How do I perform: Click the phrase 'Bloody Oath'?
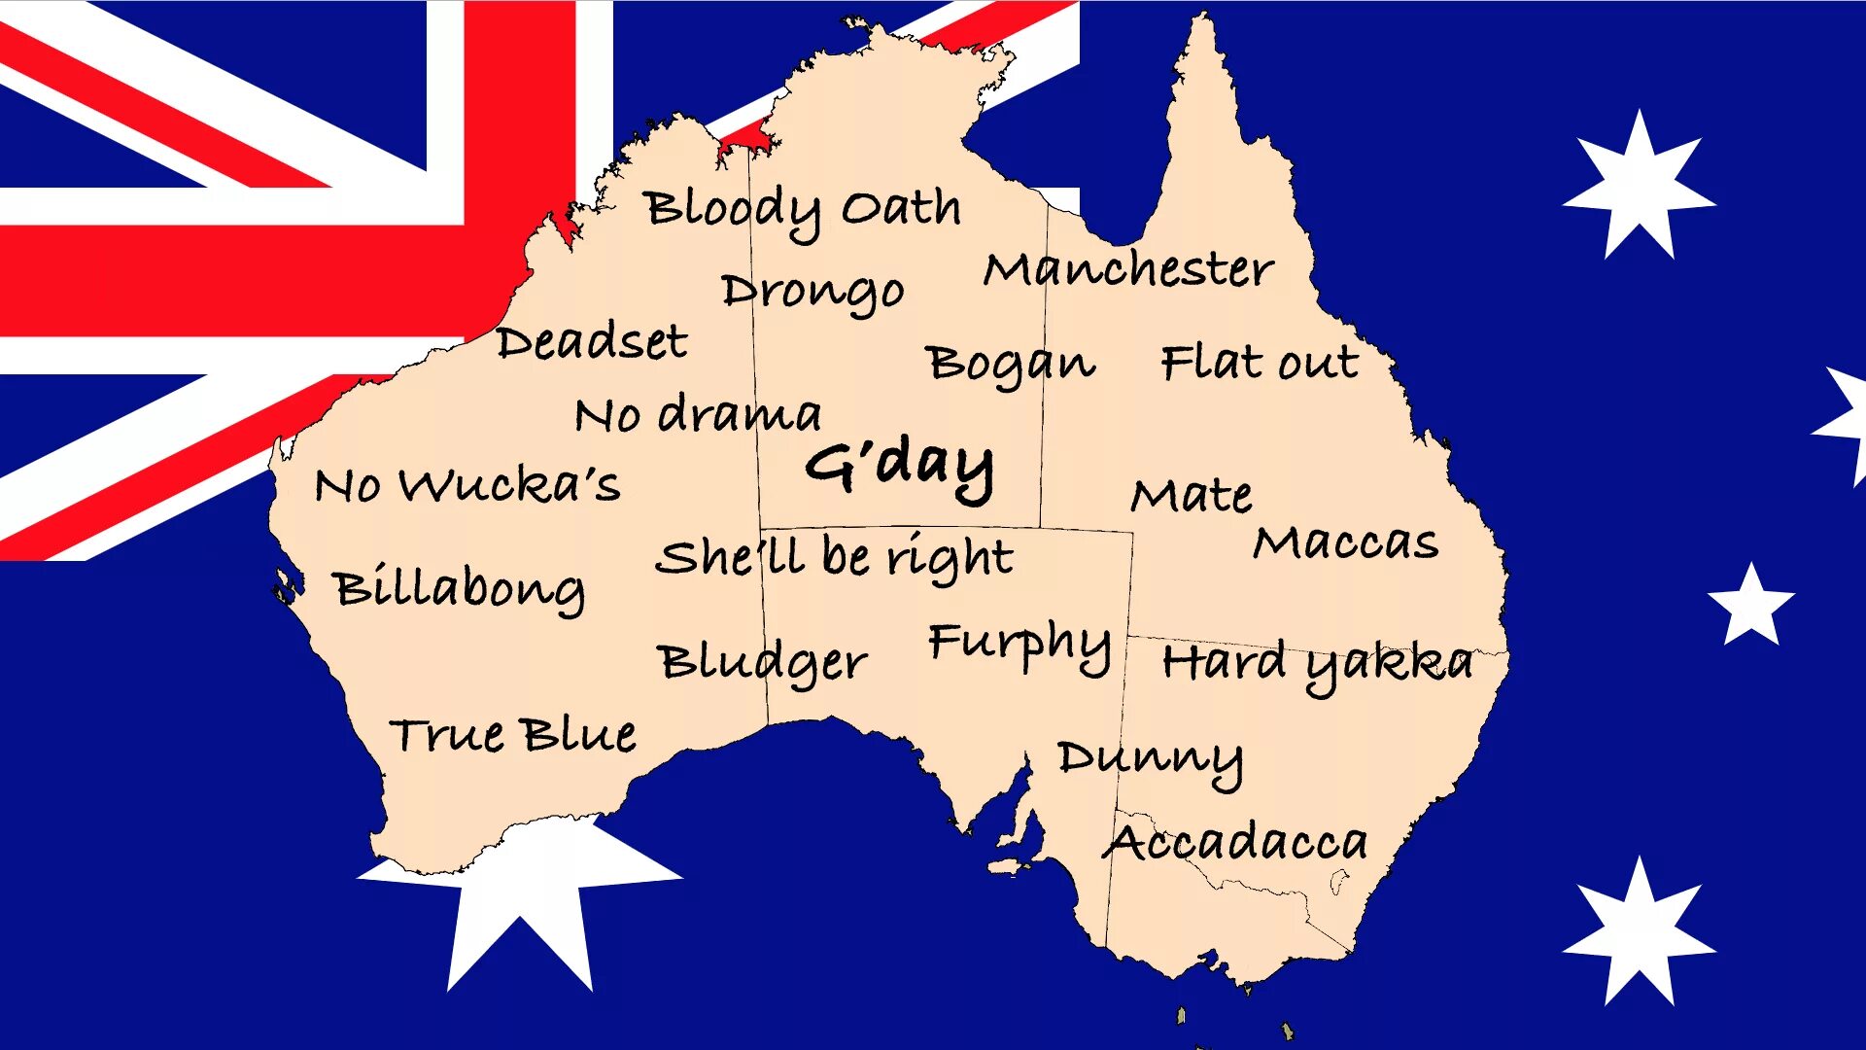(803, 210)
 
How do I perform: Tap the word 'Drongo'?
(812, 292)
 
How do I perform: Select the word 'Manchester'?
(1127, 269)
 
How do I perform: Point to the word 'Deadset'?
(591, 342)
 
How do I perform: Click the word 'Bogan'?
(1010, 365)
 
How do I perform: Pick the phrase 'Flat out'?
(1260, 363)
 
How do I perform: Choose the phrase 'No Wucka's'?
(467, 484)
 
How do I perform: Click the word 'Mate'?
(1192, 496)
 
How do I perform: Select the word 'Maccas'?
(1345, 542)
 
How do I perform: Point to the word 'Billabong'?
(459, 589)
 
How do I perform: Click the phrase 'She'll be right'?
(834, 557)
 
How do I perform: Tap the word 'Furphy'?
(1019, 644)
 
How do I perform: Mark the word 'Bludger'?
(762, 663)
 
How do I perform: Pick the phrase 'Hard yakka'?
(1317, 664)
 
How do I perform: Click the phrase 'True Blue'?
(513, 735)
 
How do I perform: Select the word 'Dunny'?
(1150, 759)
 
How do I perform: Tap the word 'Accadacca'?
(1234, 842)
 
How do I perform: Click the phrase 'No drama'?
(698, 415)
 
